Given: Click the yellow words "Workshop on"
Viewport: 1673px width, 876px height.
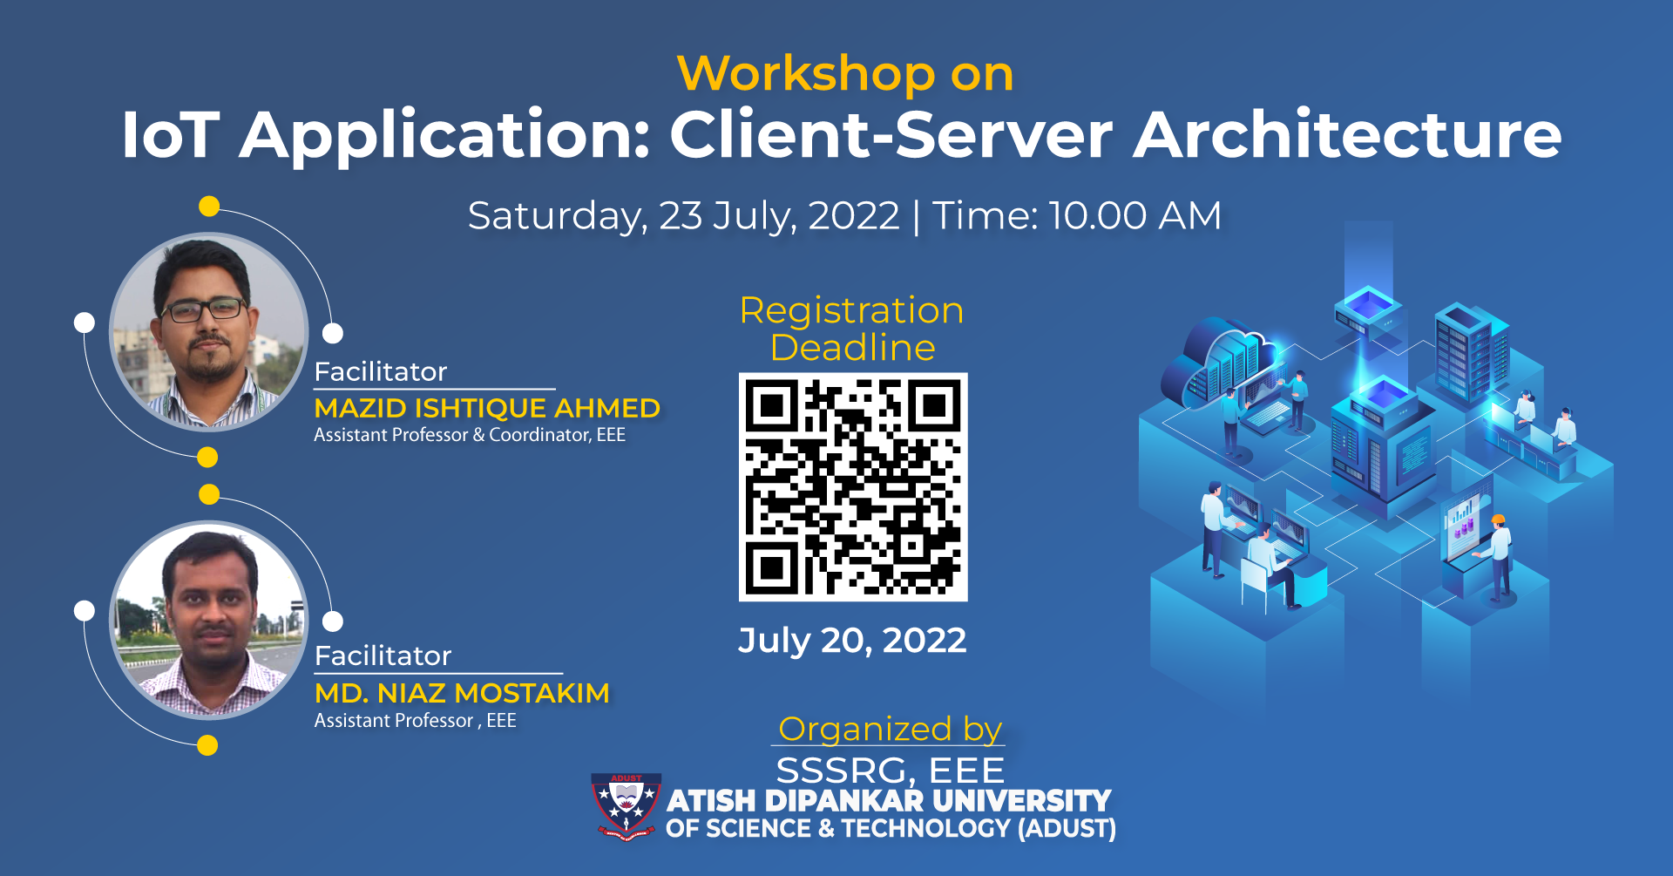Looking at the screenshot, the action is coord(845,74).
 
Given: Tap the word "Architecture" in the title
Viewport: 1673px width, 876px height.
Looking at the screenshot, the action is coord(1347,135).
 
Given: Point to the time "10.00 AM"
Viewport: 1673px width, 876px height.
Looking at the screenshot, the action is coord(1135,215).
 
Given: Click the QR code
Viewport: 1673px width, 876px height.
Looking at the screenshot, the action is coord(853,486).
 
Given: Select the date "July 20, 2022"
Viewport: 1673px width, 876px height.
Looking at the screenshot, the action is coord(852,641).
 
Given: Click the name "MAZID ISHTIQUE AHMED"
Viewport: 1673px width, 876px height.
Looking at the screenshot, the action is coord(487,408).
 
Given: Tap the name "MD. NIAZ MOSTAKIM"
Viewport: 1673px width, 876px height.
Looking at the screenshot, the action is coord(462,693).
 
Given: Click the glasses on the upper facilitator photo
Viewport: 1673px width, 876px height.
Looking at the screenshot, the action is coord(204,309).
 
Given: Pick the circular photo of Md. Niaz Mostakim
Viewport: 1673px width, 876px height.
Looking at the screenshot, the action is coord(208,620).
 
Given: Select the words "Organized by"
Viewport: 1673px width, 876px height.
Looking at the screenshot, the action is coord(890,729).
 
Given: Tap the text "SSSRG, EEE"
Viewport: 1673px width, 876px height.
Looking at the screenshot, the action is coord(890,771).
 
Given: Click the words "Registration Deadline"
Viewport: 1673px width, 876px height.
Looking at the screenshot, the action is coord(852,329).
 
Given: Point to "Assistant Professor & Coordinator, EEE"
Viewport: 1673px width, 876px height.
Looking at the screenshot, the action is coord(470,435).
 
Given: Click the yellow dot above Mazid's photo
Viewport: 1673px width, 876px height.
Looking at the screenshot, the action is coord(209,207).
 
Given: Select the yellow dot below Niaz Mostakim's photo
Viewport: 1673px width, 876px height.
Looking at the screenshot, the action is coord(207,745).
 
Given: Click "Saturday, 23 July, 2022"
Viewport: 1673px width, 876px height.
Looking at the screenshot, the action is coord(683,216).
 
